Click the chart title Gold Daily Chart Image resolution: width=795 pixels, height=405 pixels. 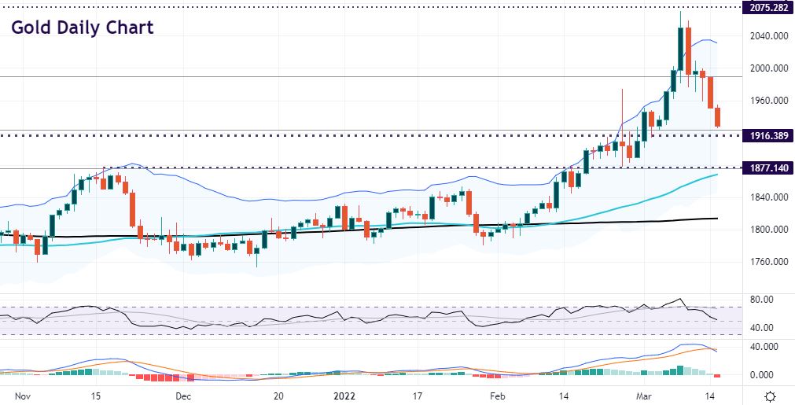[x=82, y=28]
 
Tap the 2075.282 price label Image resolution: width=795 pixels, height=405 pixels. [x=768, y=8]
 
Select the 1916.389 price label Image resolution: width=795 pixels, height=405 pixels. [x=768, y=136]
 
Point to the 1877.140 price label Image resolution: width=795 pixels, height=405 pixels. [x=768, y=168]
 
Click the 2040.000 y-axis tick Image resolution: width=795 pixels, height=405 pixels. [x=768, y=36]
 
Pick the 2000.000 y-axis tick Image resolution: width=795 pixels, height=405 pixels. [x=768, y=68]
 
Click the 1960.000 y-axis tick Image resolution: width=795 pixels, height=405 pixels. [x=768, y=101]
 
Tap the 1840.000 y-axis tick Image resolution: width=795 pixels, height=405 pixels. [x=768, y=197]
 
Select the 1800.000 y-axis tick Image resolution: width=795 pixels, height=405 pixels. [x=768, y=230]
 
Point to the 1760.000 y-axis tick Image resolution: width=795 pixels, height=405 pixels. [x=768, y=262]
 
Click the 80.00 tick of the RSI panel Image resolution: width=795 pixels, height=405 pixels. [x=762, y=300]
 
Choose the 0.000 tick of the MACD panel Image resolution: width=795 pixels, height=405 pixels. [x=764, y=374]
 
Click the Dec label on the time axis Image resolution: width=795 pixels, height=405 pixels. [x=183, y=396]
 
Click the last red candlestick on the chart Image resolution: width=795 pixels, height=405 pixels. [x=718, y=116]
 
